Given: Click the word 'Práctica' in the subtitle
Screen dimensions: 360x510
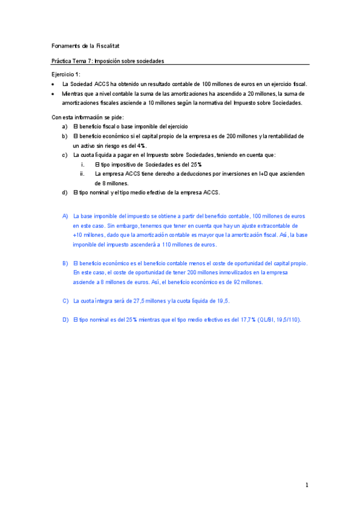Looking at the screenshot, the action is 63,61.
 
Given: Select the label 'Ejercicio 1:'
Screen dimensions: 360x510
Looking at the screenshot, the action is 66,74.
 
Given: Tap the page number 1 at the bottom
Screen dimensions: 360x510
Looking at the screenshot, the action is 307,485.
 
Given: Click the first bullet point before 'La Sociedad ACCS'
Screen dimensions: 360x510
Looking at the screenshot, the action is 53,85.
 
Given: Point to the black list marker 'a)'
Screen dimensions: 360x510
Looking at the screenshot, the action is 65,127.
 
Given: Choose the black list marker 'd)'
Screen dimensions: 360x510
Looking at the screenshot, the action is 65,192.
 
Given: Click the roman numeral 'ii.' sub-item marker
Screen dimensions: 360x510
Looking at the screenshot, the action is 82,174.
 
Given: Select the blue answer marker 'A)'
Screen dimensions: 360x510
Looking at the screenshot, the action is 66,215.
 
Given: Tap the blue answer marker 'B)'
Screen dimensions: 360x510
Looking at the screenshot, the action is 66,263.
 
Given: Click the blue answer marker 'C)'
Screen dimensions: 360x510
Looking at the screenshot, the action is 66,301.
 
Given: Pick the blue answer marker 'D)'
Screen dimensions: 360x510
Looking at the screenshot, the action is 66,319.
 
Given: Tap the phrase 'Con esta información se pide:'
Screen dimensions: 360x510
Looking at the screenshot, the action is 88,117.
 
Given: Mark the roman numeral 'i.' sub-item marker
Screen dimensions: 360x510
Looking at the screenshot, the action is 82,164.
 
